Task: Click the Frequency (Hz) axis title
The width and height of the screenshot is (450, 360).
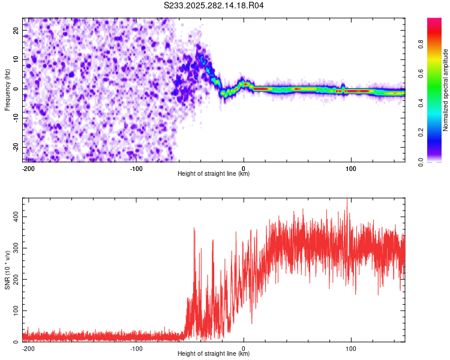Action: pyautogui.click(x=7, y=89)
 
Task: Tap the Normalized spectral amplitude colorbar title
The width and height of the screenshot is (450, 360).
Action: pyautogui.click(x=446, y=90)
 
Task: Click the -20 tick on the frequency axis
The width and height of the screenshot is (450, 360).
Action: pyautogui.click(x=16, y=147)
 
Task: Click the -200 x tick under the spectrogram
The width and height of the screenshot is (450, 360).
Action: pyautogui.click(x=27, y=168)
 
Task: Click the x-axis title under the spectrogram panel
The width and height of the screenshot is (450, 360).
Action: pyautogui.click(x=214, y=174)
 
